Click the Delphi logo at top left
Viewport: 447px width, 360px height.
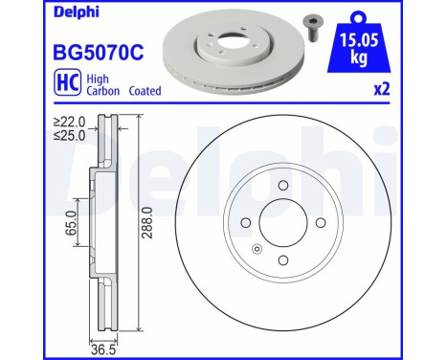[x=33, y=11]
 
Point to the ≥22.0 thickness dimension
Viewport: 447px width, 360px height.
[x=69, y=121]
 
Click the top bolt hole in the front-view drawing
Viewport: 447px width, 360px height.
[x=283, y=187]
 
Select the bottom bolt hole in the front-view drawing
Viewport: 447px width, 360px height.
[x=282, y=260]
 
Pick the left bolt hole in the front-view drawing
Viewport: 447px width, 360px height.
[x=246, y=224]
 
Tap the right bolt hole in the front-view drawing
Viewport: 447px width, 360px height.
[x=320, y=224]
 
